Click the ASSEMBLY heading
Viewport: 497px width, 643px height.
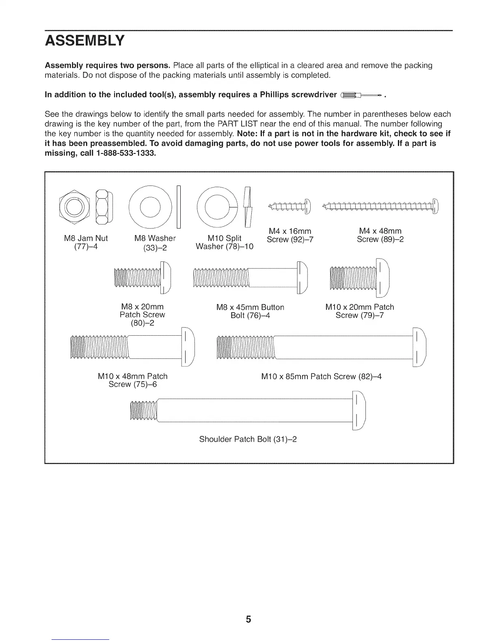84,41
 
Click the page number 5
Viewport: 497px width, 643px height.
248,619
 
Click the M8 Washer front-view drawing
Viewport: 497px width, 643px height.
150,206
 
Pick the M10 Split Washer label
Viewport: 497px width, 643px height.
225,242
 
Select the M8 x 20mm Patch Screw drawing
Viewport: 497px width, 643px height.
143,278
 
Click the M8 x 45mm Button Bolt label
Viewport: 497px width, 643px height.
250,311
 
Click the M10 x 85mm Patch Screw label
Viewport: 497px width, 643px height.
321,377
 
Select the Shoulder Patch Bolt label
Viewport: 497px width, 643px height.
248,439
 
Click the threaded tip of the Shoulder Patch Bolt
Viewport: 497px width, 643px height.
143,411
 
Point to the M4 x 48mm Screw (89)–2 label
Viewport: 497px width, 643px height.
380,235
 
